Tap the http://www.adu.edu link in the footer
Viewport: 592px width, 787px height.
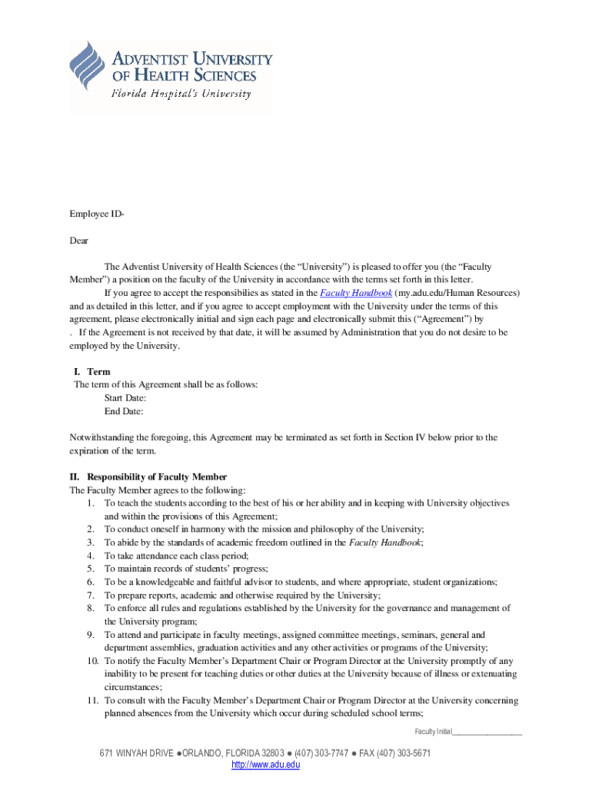tap(265, 765)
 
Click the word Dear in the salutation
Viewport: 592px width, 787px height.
tap(79, 241)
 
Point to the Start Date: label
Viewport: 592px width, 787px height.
tap(125, 398)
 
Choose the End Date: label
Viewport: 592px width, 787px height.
tap(124, 411)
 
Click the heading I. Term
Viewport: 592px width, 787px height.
tap(92, 372)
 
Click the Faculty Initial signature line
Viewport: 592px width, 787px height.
tap(487, 732)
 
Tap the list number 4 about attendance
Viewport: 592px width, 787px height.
tap(91, 555)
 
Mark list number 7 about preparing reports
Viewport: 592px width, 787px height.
tap(91, 595)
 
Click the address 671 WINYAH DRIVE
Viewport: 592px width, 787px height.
tap(136, 753)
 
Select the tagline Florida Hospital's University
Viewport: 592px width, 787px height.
tap(181, 95)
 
